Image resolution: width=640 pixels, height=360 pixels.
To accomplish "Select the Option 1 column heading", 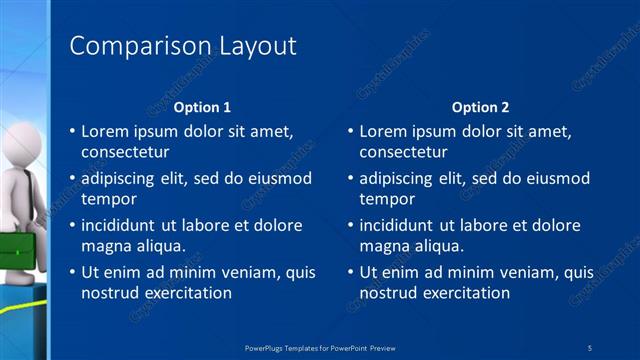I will tap(202, 106).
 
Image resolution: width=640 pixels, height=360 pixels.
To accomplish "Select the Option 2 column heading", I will tap(480, 106).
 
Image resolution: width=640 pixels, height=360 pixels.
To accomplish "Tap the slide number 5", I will tap(590, 347).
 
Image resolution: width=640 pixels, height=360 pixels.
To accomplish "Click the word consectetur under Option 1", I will tap(125, 153).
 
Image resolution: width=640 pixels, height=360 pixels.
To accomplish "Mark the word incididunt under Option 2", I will tap(403, 225).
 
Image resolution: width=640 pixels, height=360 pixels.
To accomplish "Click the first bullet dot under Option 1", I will tap(72, 132).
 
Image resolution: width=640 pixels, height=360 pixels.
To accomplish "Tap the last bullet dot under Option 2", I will tap(350, 273).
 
